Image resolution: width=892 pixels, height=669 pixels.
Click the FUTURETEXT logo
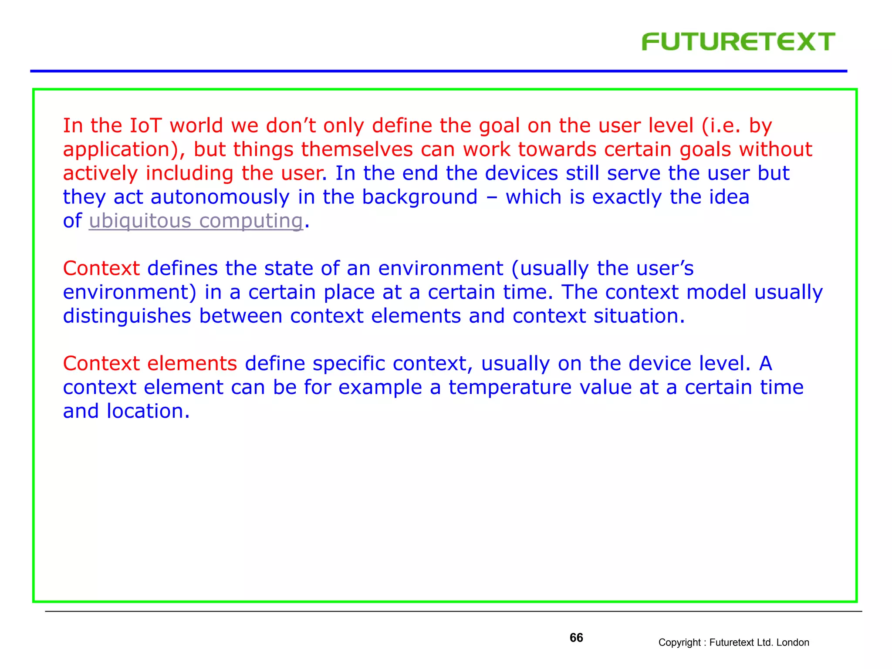[x=738, y=42]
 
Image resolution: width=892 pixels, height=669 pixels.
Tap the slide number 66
[x=576, y=638]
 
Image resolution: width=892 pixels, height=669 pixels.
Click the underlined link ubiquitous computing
[x=196, y=221]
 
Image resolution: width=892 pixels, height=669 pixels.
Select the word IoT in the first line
[x=145, y=126]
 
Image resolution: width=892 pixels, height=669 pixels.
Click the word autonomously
[x=220, y=197]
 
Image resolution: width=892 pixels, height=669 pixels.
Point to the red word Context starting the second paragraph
[x=101, y=268]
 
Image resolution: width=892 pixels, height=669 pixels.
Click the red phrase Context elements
[x=150, y=364]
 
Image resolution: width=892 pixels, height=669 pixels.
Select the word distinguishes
[x=127, y=316]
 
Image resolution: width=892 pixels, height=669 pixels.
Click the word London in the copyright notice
[x=792, y=642]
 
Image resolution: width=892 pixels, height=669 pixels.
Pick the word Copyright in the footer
[x=679, y=642]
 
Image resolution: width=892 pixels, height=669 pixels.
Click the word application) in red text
[x=124, y=150]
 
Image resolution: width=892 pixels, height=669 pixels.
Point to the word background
[x=419, y=197]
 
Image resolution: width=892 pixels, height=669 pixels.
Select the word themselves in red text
[x=357, y=150]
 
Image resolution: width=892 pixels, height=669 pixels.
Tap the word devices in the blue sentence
[x=521, y=173]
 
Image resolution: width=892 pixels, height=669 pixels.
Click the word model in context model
[x=716, y=292]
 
